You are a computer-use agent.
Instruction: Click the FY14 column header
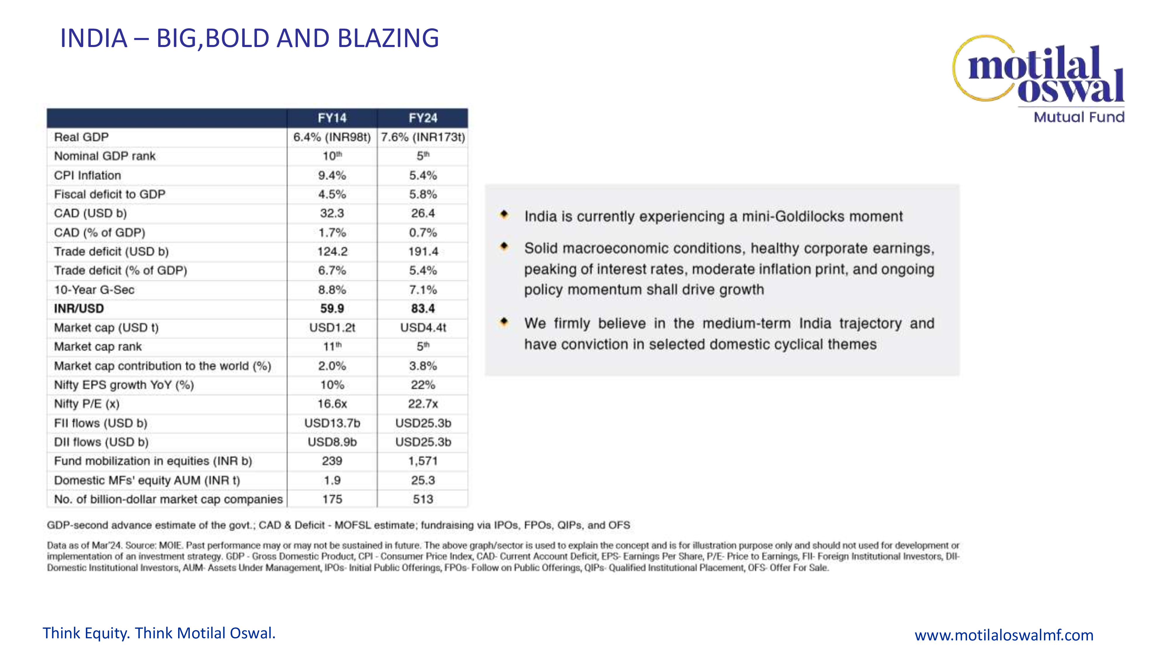coord(332,118)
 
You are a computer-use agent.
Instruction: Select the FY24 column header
coord(423,118)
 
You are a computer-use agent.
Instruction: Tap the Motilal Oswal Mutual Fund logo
coord(1038,79)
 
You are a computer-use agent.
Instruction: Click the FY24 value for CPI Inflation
coord(423,175)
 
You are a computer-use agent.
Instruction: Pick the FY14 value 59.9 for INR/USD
coord(332,309)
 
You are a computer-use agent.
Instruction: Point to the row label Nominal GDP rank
coord(105,157)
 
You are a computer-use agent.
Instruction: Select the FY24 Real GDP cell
coord(423,137)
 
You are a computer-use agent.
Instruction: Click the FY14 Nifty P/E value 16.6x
coord(332,404)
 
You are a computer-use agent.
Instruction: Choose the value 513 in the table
coord(423,499)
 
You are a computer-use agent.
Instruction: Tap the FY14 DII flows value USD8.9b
coord(332,442)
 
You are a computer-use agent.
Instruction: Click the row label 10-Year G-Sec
coord(94,290)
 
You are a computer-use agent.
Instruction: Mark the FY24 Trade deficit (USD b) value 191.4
coord(423,252)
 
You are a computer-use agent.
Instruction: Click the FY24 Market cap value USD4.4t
coord(423,328)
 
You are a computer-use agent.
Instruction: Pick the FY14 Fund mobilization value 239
coord(332,461)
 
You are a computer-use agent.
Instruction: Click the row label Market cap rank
coord(98,347)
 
